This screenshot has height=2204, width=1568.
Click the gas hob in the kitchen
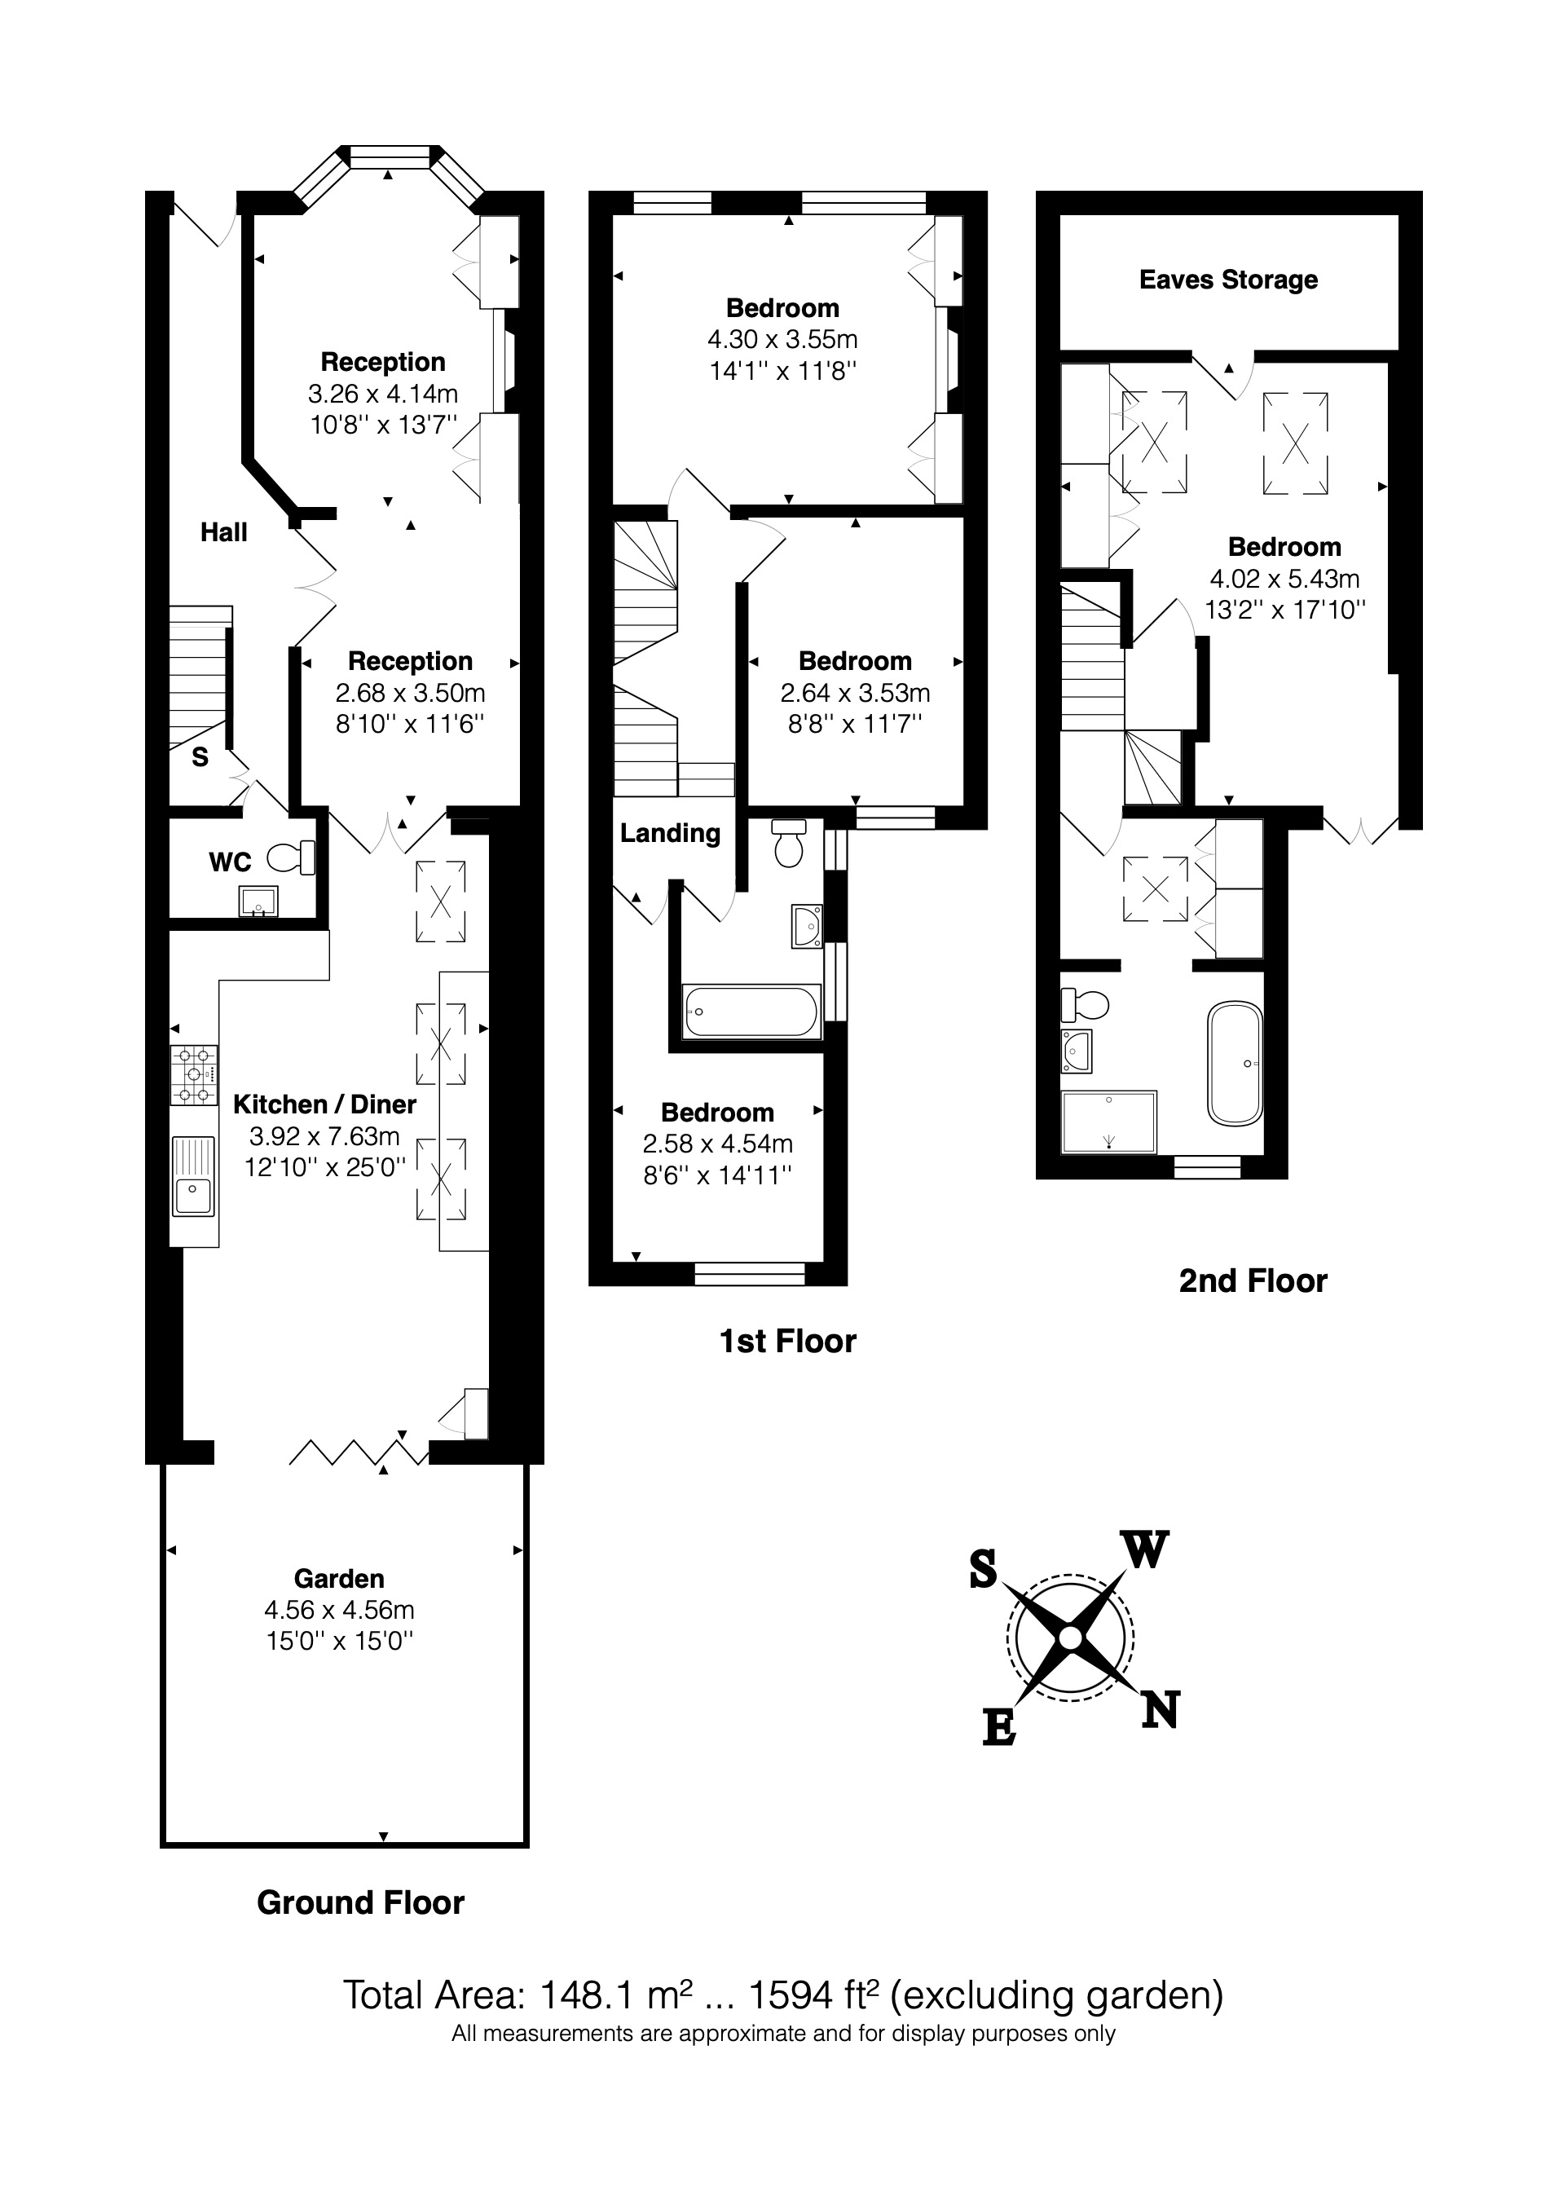(x=194, y=1074)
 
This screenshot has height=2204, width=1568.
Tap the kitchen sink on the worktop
(x=193, y=1176)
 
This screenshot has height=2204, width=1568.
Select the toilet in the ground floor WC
(x=291, y=857)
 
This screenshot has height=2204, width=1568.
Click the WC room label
(x=230, y=862)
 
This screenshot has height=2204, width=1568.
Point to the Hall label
(x=223, y=532)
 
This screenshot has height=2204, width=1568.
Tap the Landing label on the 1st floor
(x=670, y=833)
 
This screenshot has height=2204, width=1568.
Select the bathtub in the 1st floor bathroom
(x=751, y=1012)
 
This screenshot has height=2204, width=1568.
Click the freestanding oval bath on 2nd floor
(x=1234, y=1064)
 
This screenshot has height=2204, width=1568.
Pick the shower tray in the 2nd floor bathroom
(x=1108, y=1122)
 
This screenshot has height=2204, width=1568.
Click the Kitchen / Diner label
(x=324, y=1104)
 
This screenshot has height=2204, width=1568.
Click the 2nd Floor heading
(x=1253, y=1281)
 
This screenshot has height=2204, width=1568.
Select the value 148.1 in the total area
(x=579, y=1995)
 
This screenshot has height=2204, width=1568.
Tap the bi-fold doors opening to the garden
(x=359, y=1451)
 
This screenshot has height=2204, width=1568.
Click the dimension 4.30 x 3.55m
(x=782, y=339)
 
